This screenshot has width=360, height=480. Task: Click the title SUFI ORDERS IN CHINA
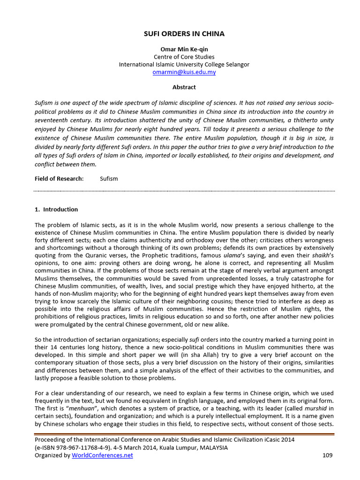184,34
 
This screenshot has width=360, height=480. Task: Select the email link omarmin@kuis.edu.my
184,72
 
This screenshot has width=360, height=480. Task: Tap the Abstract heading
184,87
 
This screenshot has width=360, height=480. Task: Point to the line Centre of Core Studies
184,57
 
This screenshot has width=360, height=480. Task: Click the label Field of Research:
59,179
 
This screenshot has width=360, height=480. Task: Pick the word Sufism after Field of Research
109,179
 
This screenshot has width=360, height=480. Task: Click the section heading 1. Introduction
56,210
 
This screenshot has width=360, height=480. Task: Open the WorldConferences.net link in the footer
102,455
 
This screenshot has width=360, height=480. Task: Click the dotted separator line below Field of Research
184,191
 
